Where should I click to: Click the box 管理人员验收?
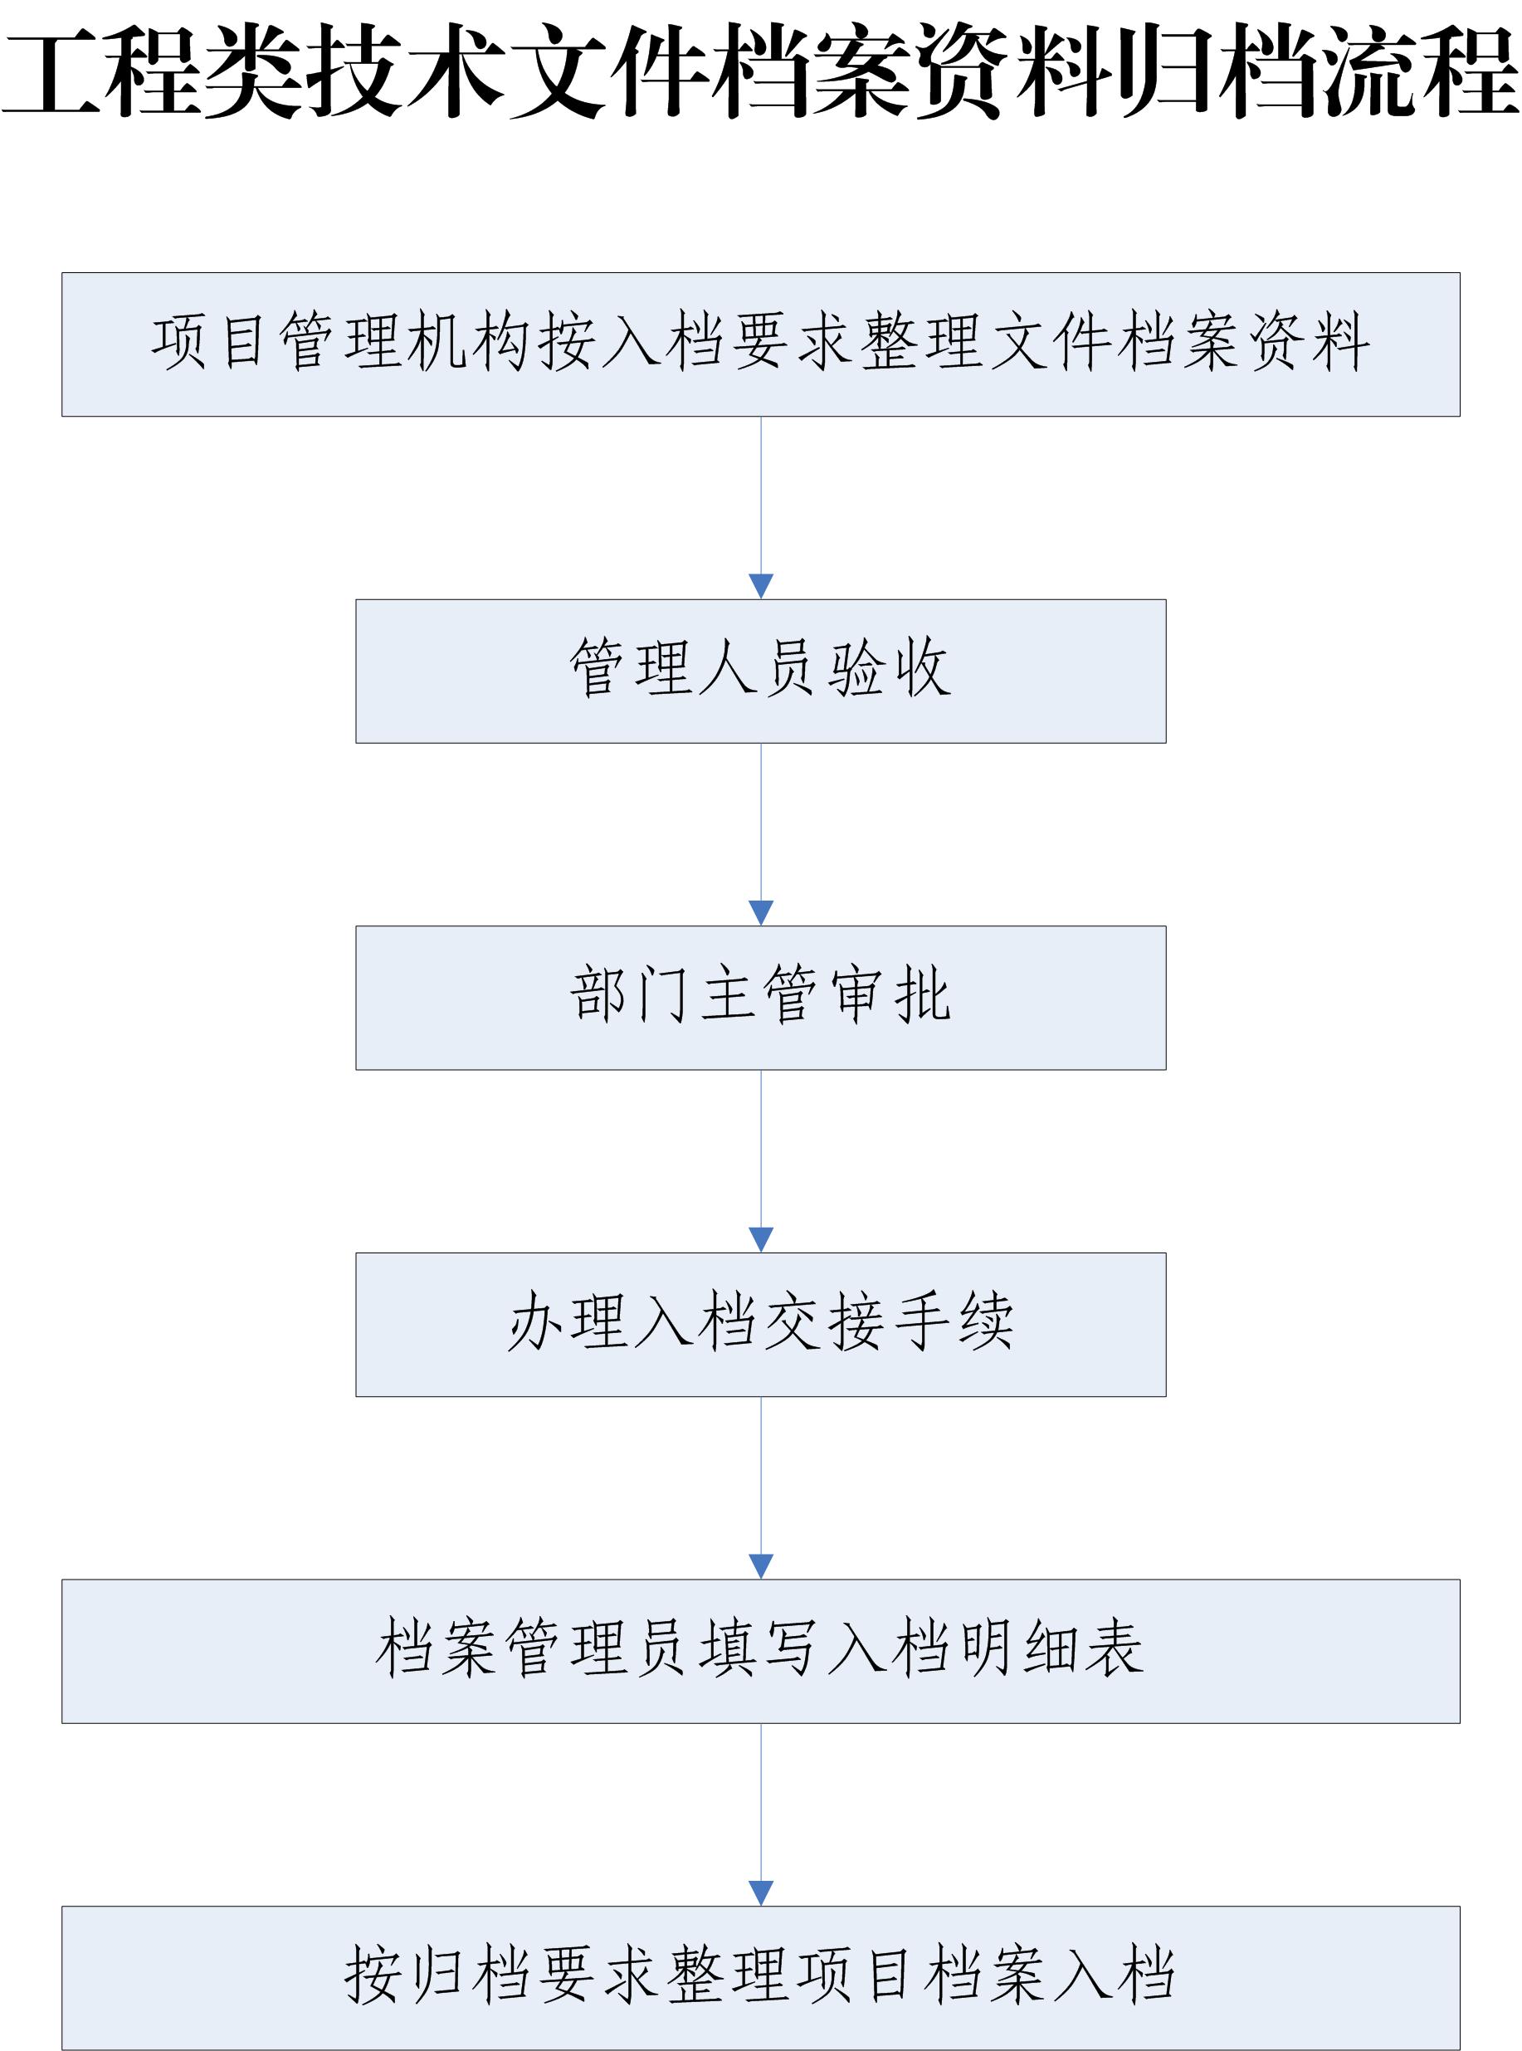click(x=760, y=670)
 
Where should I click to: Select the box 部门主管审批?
click(x=760, y=997)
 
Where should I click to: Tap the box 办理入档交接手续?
click(x=760, y=1324)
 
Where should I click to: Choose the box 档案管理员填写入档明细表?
click(x=760, y=1651)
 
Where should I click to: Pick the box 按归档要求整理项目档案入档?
click(x=760, y=1977)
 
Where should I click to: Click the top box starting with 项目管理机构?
click(x=760, y=344)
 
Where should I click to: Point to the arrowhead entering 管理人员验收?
click(x=761, y=586)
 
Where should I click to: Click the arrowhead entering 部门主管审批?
click(x=761, y=912)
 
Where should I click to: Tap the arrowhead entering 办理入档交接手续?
click(x=761, y=1239)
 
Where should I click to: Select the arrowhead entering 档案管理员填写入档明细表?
click(x=761, y=1566)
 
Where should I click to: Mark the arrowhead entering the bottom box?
click(x=761, y=1892)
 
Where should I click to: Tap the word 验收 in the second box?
click(x=890, y=668)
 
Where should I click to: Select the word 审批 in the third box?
click(x=890, y=995)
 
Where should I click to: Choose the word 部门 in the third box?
click(x=630, y=995)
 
